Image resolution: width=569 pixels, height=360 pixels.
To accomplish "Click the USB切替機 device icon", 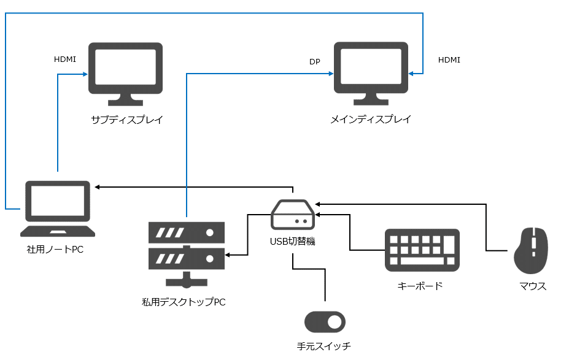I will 293,213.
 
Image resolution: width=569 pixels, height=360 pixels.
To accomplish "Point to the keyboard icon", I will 422,250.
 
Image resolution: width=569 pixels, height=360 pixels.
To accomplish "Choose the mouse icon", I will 530,250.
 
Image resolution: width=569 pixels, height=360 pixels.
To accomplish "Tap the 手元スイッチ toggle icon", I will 325,322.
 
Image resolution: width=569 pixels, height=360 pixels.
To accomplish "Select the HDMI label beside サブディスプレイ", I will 65,59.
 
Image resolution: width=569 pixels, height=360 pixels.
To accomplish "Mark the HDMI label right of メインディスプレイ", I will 449,60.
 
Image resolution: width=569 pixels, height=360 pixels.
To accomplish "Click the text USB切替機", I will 293,241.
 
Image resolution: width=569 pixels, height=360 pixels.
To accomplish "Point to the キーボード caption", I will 420,286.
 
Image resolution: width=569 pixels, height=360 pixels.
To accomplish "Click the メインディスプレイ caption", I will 371,120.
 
